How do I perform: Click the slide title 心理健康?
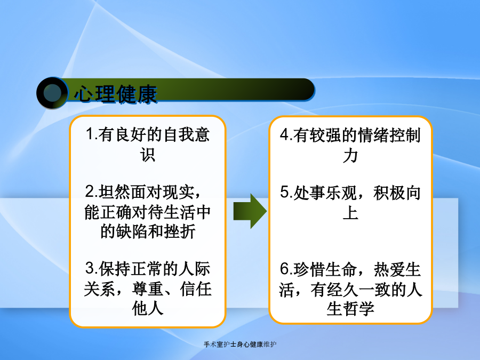pos(116,94)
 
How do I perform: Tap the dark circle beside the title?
pos(52,93)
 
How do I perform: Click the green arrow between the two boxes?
pos(250,211)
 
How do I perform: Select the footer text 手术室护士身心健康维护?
pos(240,345)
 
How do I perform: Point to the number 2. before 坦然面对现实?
pos(92,191)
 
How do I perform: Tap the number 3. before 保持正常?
pos(92,268)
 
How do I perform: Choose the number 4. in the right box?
pos(286,135)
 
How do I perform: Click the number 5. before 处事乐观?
pos(286,193)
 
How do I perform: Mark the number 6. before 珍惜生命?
pos(286,269)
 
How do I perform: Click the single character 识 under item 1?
pos(148,154)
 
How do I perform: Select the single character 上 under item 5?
pos(350,212)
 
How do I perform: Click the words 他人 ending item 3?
pos(148,308)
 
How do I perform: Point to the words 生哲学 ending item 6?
pos(350,309)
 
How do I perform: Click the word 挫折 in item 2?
pos(180,231)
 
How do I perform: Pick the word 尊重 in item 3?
pos(148,289)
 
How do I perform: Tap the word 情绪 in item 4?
pos(373,135)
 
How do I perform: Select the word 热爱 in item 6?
pos(389,270)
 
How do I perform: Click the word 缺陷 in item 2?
pos(132,231)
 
